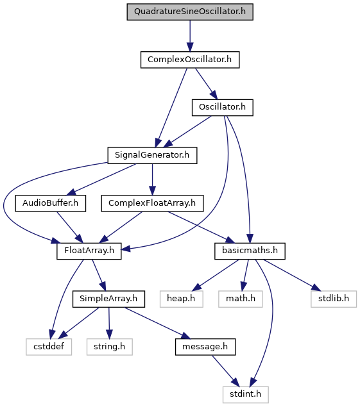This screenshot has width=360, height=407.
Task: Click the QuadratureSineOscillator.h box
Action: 190,12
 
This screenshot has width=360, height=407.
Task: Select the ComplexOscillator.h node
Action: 190,60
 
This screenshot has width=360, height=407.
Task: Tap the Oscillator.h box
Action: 222,107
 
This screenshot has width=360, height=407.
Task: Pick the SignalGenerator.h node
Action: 152,155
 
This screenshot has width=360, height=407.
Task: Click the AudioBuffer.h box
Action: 51,203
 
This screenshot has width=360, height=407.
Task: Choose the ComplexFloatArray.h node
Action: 152,203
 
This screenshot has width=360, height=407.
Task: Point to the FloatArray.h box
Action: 89,251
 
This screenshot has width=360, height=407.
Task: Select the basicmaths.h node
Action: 250,251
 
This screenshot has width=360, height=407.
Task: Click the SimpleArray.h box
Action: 108,299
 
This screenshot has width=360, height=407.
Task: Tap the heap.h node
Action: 181,299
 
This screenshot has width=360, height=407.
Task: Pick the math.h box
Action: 241,299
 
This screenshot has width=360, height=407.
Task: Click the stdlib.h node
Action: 334,299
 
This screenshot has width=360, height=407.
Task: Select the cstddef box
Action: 49,347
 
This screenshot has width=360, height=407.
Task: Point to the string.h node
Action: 110,347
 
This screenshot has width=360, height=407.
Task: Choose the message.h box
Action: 205,347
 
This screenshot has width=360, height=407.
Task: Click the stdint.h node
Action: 245,395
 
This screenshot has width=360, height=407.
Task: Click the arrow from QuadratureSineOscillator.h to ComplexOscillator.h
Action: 190,36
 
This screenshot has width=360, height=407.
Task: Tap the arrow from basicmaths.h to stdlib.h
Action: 292,275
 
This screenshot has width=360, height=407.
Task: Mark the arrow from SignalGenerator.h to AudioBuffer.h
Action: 101,179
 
